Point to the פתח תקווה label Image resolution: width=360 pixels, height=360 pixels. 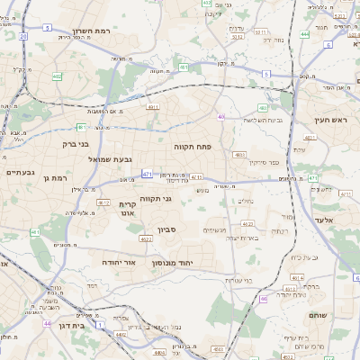click(x=193, y=145)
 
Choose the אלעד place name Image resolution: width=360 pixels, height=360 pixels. click(x=320, y=220)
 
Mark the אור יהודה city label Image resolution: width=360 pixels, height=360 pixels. click(x=118, y=261)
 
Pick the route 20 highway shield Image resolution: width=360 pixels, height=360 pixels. click(x=21, y=36)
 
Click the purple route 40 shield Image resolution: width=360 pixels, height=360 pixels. click(x=220, y=116)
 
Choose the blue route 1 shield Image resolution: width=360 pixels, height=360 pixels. click(x=101, y=323)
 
